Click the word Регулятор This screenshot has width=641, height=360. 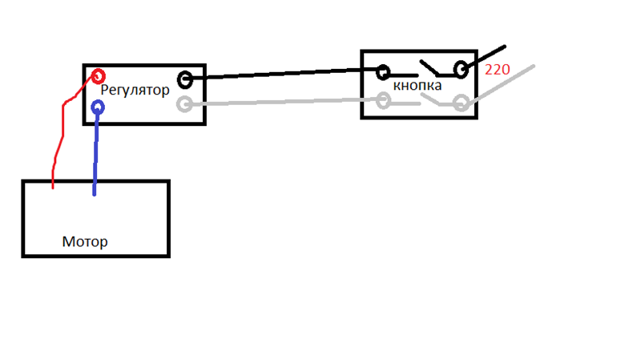(135, 90)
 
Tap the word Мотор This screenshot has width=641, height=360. (85, 242)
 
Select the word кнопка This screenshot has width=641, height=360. (417, 86)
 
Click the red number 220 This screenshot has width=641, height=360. (497, 70)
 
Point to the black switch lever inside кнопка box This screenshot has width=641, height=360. (429, 68)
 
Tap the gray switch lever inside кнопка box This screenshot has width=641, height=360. (430, 99)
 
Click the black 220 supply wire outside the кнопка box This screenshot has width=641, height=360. (486, 56)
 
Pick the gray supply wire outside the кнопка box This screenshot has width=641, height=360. (501, 84)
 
